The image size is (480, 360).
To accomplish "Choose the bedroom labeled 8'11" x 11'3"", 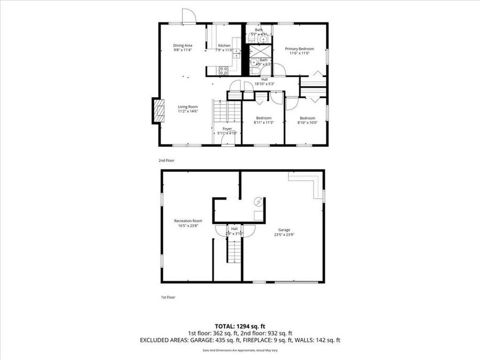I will tap(263, 120).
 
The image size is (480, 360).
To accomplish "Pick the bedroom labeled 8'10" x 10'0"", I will tap(307, 120).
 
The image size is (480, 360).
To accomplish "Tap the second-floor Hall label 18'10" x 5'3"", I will tap(264, 81).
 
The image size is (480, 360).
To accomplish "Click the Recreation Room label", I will tap(188, 223).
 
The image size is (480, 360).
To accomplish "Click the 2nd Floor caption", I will tap(166, 160).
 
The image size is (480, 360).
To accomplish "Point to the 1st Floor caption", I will tap(168, 297).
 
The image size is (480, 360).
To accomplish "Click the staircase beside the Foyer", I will tap(221, 112).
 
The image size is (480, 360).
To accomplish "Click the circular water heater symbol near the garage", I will tap(259, 202).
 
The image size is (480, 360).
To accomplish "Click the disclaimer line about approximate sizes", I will tap(240, 350).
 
